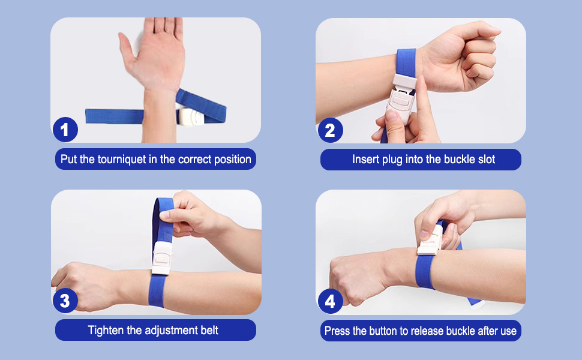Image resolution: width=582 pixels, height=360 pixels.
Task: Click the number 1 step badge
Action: point(65,129)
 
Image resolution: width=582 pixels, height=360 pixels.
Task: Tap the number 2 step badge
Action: point(330,130)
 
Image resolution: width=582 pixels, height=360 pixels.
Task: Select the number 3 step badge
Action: point(65,301)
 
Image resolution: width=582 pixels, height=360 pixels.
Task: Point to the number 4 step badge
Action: point(330,301)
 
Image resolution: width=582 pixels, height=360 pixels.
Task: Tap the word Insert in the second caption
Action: point(365,160)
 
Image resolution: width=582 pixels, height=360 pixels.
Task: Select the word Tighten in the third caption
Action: point(106,330)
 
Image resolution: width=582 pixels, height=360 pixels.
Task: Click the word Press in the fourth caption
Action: point(338,331)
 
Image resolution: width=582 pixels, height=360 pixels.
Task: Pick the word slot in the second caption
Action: point(486,160)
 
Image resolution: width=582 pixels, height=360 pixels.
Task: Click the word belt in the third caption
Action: point(207,330)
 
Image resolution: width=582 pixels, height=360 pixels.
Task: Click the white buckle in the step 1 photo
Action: point(191,116)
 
